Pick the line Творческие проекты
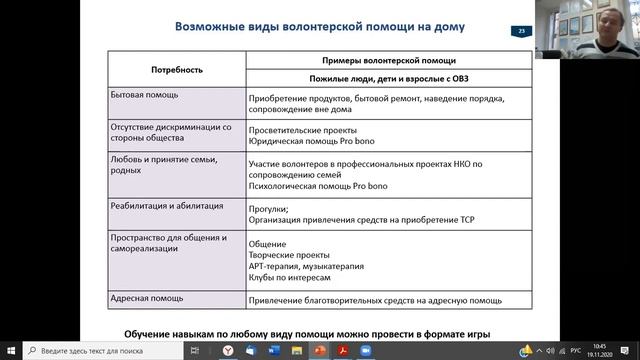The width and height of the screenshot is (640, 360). (289, 255)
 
